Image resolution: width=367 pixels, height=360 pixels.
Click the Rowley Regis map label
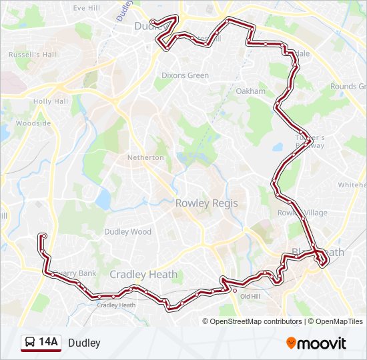coord(206,203)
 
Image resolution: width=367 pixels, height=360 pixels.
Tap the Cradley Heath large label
coord(143,274)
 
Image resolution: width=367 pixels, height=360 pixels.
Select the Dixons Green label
coord(185,75)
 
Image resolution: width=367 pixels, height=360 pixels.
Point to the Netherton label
coord(145,157)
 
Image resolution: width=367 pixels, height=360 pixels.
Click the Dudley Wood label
coord(127,232)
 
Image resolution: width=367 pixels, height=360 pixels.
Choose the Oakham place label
coord(250,91)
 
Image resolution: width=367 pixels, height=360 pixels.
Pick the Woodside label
coord(33,123)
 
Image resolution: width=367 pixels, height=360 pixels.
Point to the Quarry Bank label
coord(75,273)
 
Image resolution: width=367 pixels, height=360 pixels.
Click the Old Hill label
coord(250,297)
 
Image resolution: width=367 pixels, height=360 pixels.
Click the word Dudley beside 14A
coord(84,343)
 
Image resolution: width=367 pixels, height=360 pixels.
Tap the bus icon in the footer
coord(30,343)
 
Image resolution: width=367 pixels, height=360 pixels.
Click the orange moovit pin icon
coord(292,343)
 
